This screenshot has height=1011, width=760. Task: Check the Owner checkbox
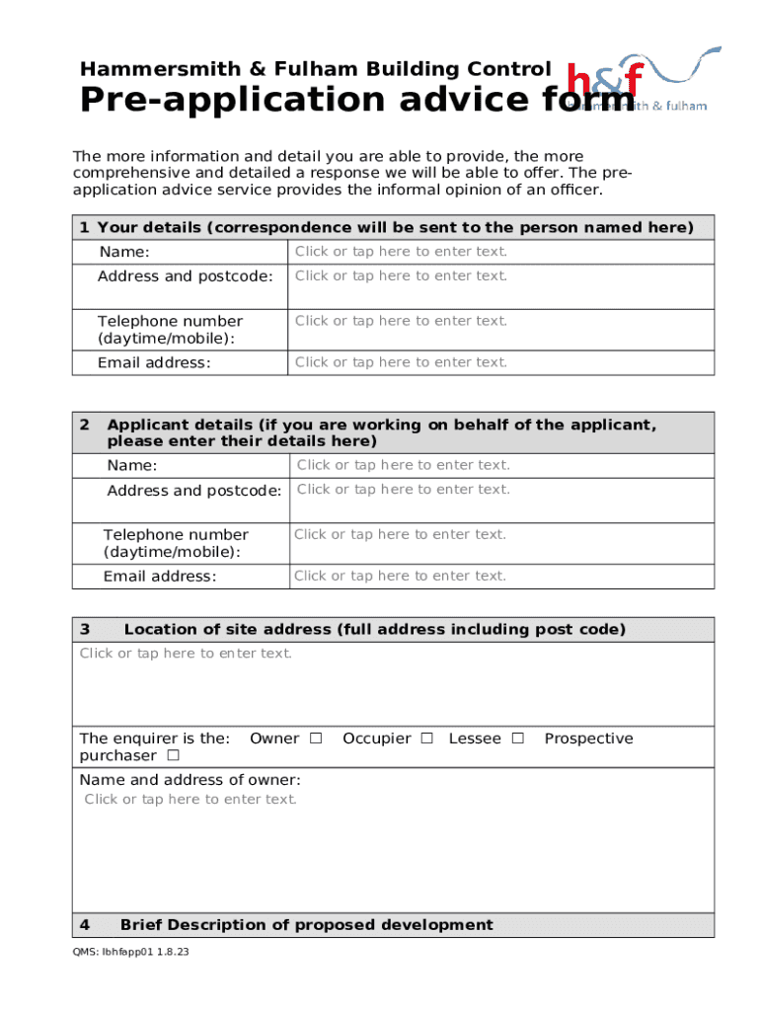(x=316, y=739)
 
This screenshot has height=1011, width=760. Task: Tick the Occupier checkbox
(x=427, y=739)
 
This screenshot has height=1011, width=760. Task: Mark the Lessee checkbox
(x=517, y=739)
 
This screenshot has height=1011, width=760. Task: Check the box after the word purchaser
(x=173, y=756)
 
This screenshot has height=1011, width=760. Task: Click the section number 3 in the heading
(x=85, y=630)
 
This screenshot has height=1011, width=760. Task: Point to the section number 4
(x=85, y=925)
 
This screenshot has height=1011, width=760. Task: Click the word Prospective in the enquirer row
(x=588, y=739)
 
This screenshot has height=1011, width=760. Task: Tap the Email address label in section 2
(x=159, y=577)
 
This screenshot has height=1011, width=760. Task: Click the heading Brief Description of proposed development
(x=306, y=925)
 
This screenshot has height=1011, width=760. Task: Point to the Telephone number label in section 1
(x=169, y=330)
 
